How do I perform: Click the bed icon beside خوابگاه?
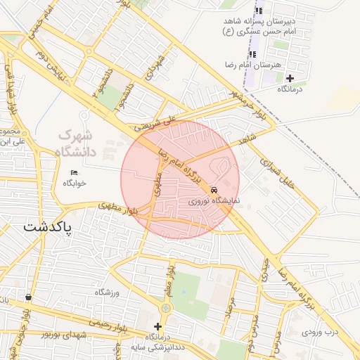tap(75, 173)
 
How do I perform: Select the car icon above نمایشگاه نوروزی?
tap(214, 190)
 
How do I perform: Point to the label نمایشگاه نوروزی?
tap(214, 201)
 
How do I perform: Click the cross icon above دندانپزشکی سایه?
tap(157, 326)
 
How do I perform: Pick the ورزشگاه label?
tap(108, 292)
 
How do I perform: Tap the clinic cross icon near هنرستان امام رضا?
tap(290, 78)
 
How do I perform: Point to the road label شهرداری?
tap(155, 68)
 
